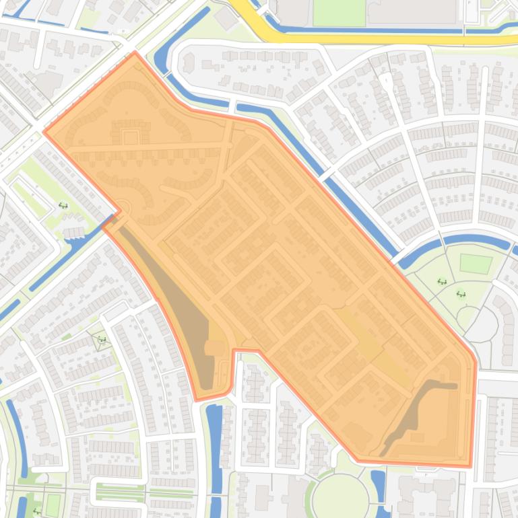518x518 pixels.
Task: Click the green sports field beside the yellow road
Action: click(339, 12)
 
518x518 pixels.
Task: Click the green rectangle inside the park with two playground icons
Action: click(476, 263)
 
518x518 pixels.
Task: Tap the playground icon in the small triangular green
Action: click(101, 339)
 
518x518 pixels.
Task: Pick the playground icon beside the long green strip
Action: click(63, 206)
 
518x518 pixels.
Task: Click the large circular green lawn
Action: click(341, 496)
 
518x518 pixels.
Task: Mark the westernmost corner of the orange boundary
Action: click(44, 132)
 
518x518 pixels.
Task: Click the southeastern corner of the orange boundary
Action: click(471, 466)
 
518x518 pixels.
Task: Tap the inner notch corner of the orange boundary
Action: click(234, 350)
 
